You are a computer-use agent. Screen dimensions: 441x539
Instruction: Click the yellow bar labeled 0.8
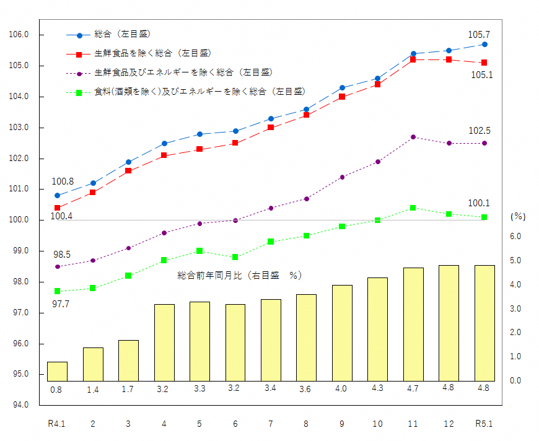coord(57,371)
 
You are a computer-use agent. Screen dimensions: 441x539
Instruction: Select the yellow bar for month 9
coord(342,333)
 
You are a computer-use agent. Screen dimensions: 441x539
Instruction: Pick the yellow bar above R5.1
coord(484,323)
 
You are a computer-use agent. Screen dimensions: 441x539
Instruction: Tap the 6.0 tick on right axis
coord(515,237)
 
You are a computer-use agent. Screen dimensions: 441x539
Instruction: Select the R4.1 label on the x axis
coord(57,424)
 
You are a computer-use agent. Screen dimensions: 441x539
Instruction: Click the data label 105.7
coord(479,35)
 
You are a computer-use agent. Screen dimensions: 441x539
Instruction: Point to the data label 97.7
coord(60,303)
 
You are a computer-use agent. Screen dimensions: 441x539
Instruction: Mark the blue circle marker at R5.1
coord(484,44)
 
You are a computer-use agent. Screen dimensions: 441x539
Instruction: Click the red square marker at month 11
coord(413,59)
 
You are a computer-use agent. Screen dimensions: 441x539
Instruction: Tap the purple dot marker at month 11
coord(413,137)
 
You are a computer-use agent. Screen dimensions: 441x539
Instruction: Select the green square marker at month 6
coord(235,257)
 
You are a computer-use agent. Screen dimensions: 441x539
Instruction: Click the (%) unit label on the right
coord(517,217)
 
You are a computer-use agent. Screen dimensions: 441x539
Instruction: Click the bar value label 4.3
coord(377,388)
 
